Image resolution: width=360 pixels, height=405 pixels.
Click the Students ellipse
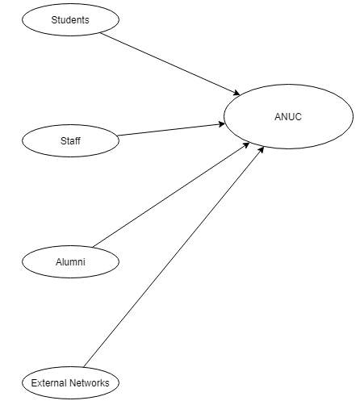point(70,19)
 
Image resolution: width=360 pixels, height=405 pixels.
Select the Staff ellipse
point(70,140)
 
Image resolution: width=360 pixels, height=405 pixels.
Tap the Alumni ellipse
point(70,261)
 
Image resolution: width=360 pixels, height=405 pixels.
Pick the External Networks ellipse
point(70,382)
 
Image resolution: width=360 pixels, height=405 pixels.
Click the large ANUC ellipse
point(288,116)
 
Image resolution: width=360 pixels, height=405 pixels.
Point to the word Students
point(70,20)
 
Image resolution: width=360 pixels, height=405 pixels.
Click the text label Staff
point(70,141)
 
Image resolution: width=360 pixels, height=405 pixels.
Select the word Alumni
point(70,262)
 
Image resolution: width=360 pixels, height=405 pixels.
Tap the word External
point(48,383)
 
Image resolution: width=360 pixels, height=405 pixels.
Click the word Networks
point(89,383)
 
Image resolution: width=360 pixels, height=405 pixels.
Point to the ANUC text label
point(288,117)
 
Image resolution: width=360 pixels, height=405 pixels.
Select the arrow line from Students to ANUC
point(170,64)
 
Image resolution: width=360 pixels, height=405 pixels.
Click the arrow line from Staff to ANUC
point(171,130)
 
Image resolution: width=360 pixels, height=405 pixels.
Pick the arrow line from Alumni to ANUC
point(171,194)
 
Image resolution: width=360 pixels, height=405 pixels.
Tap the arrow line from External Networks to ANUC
point(174,257)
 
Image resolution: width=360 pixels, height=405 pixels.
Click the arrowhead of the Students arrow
point(237,94)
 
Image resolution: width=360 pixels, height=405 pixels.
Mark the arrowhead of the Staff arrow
point(222,124)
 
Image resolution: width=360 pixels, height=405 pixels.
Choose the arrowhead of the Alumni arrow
point(246,144)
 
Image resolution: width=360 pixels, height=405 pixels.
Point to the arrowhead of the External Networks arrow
point(261,149)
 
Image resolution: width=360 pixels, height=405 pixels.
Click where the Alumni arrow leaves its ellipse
point(93,247)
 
